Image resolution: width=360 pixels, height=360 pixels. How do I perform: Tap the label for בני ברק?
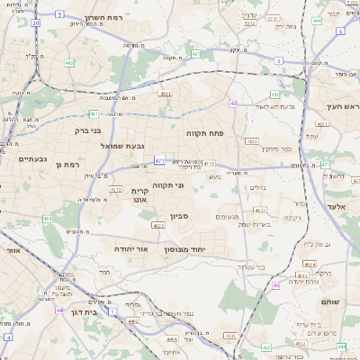[x=86, y=130]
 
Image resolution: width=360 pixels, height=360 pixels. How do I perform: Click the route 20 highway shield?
[x=34, y=22]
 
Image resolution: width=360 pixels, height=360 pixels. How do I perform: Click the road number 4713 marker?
[x=209, y=163]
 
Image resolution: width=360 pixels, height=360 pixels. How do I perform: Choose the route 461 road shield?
[x=48, y=219]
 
